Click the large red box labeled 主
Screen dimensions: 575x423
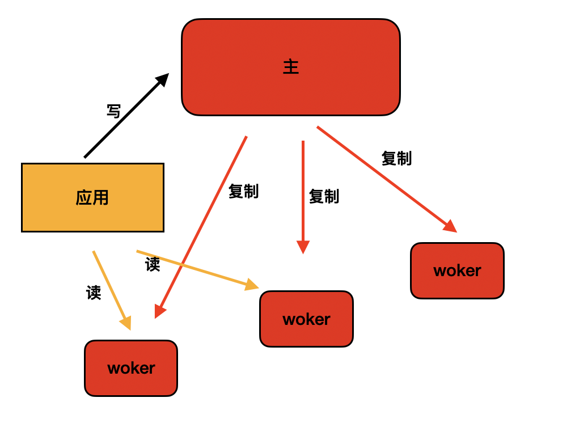tap(291, 67)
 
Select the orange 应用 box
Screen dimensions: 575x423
tap(93, 197)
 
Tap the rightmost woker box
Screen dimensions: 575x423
tap(457, 270)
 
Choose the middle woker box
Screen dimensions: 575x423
tap(307, 319)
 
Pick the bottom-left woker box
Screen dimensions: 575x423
tap(131, 368)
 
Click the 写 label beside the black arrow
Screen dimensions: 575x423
tap(113, 111)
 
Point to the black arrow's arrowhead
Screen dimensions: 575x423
tap(162, 80)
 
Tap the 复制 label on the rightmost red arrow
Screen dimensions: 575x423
tap(397, 158)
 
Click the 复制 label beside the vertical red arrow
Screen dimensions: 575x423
tap(324, 196)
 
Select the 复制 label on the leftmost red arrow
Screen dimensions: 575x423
tap(243, 191)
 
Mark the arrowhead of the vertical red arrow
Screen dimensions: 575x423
tap(303, 247)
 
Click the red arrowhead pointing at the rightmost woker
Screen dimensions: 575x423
tap(451, 226)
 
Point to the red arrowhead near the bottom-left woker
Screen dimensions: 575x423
tap(160, 311)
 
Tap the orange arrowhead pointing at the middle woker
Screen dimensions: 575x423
tap(252, 285)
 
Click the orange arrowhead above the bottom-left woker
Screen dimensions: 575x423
tap(126, 323)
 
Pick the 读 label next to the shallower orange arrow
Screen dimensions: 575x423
tap(153, 264)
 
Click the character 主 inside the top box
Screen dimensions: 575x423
tap(291, 67)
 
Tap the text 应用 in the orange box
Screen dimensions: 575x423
tap(92, 197)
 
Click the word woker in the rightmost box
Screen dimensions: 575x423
tap(457, 271)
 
